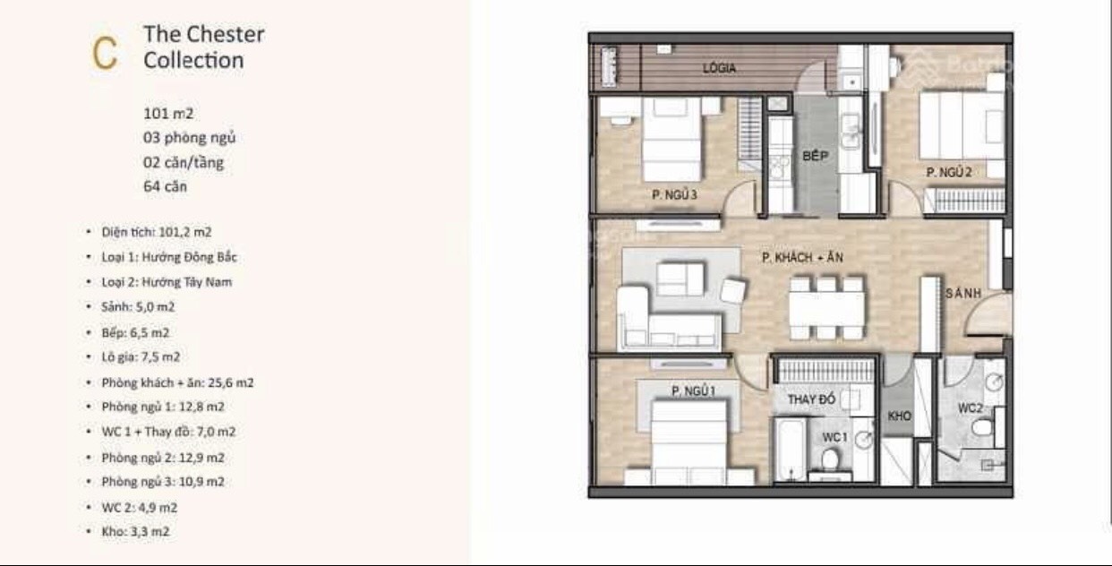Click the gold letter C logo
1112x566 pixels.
(x=105, y=53)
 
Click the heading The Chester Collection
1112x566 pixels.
(x=204, y=47)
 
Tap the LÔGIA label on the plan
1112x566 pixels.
(x=719, y=69)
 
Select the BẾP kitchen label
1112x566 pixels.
(x=815, y=156)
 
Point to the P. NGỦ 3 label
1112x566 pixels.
(x=675, y=194)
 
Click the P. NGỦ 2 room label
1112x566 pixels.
(x=949, y=172)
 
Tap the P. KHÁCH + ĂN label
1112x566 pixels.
(x=802, y=257)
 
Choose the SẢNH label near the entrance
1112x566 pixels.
(x=963, y=294)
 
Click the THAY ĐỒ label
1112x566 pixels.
(x=811, y=399)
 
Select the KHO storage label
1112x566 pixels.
(x=899, y=416)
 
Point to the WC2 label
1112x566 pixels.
(x=970, y=407)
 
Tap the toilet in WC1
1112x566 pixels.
(x=830, y=459)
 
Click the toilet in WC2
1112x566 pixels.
(x=982, y=427)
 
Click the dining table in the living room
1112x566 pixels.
(x=826, y=308)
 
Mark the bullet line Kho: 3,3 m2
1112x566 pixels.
(x=135, y=532)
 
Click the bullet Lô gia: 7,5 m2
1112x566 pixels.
(x=141, y=357)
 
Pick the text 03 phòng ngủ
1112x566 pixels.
(x=189, y=138)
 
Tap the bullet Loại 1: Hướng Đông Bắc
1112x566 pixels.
(x=169, y=257)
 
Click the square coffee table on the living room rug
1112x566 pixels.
(x=680, y=279)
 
